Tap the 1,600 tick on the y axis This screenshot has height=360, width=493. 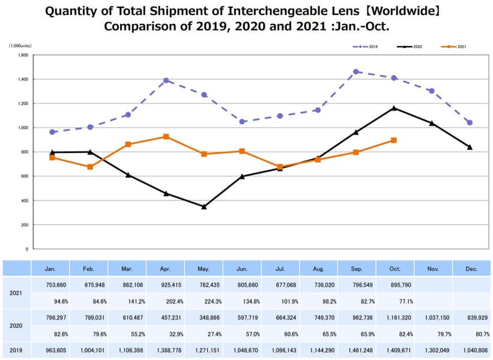(x=23, y=55)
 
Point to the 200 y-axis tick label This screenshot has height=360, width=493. (x=25, y=225)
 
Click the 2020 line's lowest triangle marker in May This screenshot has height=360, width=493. (x=204, y=206)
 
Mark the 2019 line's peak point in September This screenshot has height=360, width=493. (x=356, y=71)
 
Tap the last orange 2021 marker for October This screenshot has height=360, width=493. (x=394, y=140)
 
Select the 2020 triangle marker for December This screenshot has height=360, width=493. (x=470, y=147)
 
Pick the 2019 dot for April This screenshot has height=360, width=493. (x=166, y=80)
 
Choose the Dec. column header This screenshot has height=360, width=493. (x=471, y=269)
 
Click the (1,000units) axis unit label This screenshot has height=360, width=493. (x=19, y=46)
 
